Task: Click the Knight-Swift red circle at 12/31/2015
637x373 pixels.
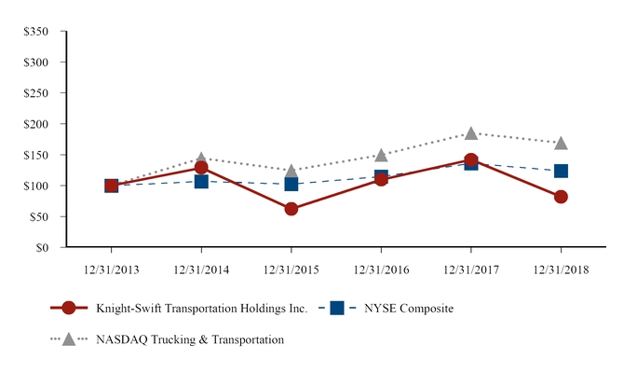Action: pyautogui.click(x=291, y=209)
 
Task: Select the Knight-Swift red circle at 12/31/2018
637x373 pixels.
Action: pyautogui.click(x=561, y=197)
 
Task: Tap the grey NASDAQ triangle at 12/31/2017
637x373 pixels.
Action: pyautogui.click(x=471, y=133)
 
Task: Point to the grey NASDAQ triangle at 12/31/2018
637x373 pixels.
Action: pyautogui.click(x=561, y=143)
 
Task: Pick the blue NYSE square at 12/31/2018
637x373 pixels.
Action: pyautogui.click(x=561, y=171)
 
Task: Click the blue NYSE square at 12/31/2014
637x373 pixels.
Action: pyautogui.click(x=201, y=181)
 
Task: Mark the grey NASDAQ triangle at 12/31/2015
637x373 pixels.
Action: pyautogui.click(x=291, y=171)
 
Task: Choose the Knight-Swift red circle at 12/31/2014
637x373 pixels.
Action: pyautogui.click(x=201, y=168)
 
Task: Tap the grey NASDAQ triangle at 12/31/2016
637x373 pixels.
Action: pyautogui.click(x=381, y=155)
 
